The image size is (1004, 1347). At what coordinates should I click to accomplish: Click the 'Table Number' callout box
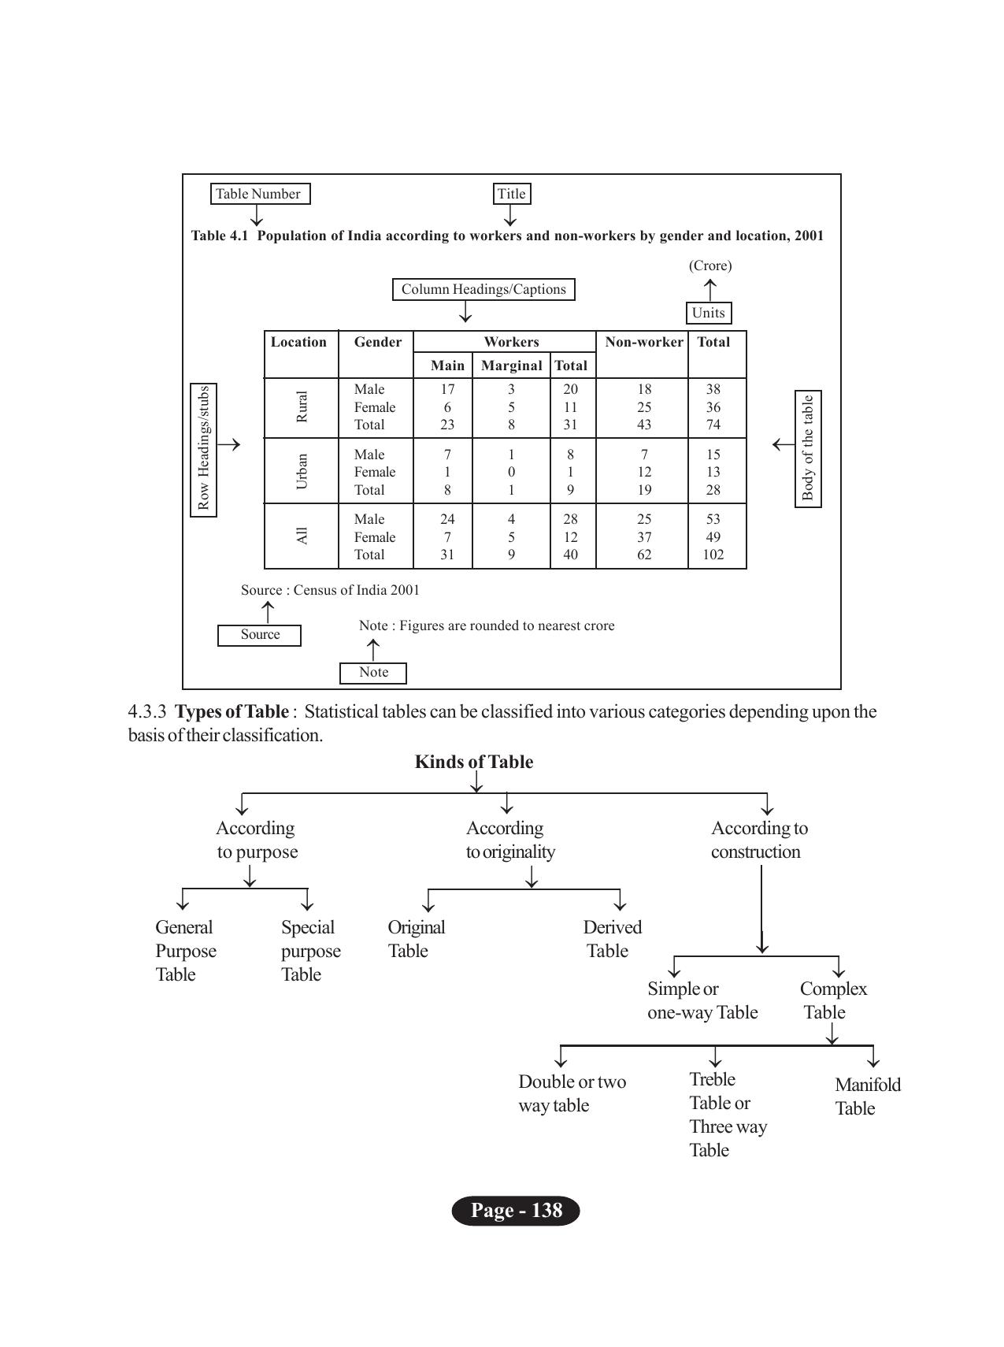point(260,194)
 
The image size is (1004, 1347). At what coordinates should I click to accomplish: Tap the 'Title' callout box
point(511,194)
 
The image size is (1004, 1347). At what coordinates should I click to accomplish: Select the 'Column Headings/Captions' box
point(483,289)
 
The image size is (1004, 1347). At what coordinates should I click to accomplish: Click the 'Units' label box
point(708,313)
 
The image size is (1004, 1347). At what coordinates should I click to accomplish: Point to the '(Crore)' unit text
point(710,265)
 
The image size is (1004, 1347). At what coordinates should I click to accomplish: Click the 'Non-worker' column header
point(643,342)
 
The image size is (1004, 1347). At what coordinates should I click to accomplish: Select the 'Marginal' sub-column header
point(511,366)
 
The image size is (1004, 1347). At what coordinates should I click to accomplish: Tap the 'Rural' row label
point(302,406)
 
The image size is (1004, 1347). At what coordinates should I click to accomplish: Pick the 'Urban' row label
point(302,471)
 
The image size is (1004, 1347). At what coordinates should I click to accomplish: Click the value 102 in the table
point(713,555)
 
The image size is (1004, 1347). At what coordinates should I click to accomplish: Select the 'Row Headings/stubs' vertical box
point(204,450)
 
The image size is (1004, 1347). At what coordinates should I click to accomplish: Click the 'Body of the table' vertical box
point(808,449)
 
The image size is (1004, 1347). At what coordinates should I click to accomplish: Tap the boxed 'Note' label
point(373,673)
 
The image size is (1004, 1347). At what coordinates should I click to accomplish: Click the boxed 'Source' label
point(260,635)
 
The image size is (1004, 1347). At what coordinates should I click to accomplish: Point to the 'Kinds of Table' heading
point(474,762)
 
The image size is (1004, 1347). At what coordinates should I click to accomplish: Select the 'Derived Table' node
point(611,939)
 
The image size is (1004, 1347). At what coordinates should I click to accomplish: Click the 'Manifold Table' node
point(866,1097)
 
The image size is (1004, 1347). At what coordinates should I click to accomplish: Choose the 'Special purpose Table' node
point(310,951)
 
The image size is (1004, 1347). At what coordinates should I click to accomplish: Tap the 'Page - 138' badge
point(516,1211)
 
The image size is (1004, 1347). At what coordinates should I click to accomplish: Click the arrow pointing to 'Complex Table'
point(839,966)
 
